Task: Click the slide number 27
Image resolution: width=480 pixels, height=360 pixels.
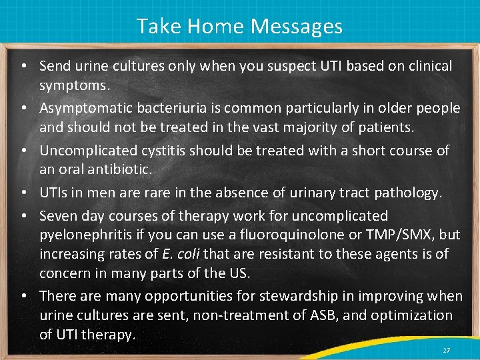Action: pyautogui.click(x=446, y=350)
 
